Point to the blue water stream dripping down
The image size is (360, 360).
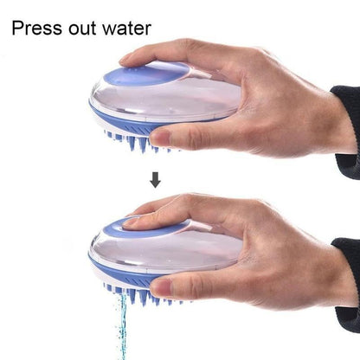123,325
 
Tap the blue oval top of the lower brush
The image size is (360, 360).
144,228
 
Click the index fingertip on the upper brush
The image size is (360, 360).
130,58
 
